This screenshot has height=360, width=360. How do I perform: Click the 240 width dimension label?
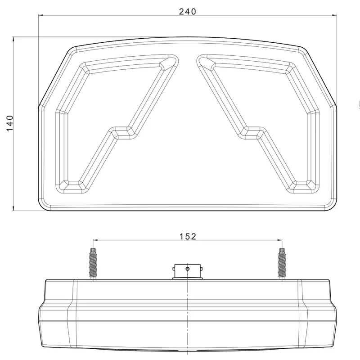click(188, 12)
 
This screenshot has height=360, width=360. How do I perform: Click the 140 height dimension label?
click(10, 123)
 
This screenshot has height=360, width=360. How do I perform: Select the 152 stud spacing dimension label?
click(188, 237)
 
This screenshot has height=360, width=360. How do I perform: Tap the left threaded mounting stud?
click(93, 264)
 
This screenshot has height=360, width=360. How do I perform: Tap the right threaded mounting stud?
click(282, 264)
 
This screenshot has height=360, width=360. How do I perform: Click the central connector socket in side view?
click(188, 272)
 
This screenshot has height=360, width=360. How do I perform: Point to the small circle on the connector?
click(188, 269)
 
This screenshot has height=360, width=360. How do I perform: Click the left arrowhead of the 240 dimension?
click(41, 15)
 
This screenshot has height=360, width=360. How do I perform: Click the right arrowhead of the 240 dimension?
click(334, 15)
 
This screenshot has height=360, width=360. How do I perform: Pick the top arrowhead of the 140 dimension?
click(13, 40)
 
